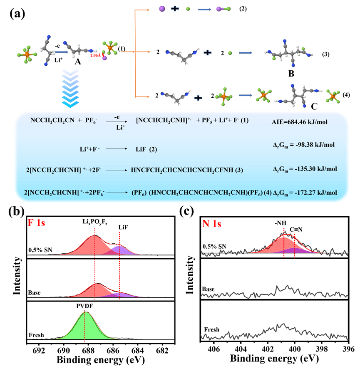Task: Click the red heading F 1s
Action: [36, 223]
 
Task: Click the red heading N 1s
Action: [211, 224]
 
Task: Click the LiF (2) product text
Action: [145, 149]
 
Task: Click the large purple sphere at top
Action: [162, 9]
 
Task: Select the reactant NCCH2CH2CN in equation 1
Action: [54, 121]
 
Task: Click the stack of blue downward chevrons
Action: [70, 88]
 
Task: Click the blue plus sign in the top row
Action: [175, 9]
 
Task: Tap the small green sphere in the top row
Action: [188, 9]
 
